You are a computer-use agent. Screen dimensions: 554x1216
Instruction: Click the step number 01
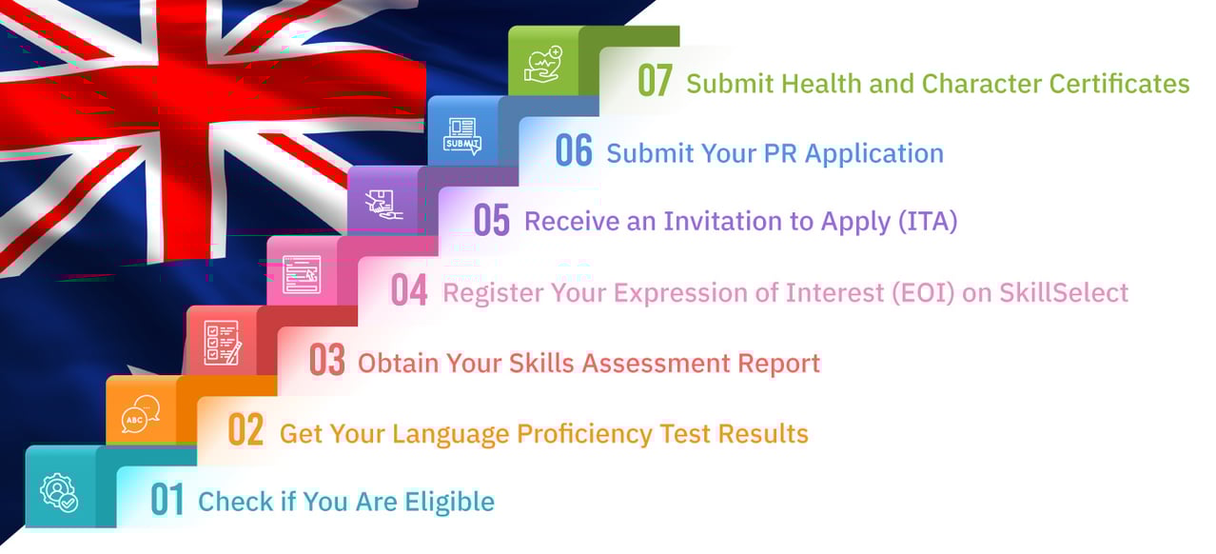pyautogui.click(x=167, y=501)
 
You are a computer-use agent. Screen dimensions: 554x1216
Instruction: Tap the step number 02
pyautogui.click(x=246, y=431)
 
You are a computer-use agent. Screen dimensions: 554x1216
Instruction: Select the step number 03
pyautogui.click(x=327, y=361)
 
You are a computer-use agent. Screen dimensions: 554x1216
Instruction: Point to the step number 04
pyautogui.click(x=409, y=291)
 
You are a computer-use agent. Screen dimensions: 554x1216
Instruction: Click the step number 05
pyautogui.click(x=492, y=221)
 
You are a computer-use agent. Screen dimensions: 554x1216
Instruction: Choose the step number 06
pyautogui.click(x=574, y=151)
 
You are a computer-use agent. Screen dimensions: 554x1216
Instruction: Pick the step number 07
pyautogui.click(x=656, y=82)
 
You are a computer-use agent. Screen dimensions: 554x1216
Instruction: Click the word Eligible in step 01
pyautogui.click(x=450, y=501)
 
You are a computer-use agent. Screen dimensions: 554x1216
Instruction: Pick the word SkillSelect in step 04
pyautogui.click(x=1064, y=292)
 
